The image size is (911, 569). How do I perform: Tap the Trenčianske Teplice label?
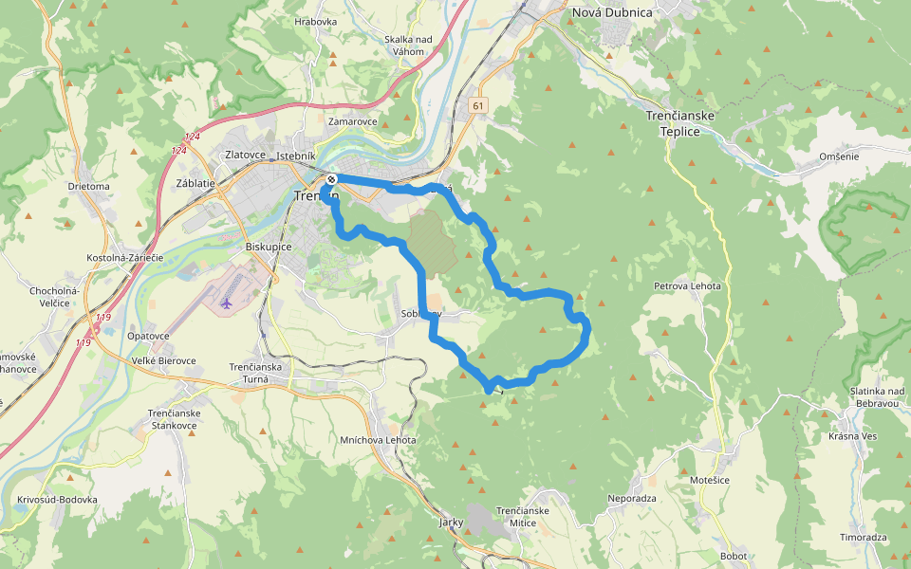pos(679,123)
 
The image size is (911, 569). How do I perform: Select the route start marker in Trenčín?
pos(331,179)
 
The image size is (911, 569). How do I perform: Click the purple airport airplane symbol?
pos(226,303)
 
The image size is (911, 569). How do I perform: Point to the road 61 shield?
pos(477,106)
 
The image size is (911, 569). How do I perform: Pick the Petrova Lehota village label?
pos(687,285)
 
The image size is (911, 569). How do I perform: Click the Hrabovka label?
pos(316,21)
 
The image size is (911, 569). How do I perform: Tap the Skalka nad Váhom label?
pos(408,45)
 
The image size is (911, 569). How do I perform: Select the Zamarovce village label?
pos(352,121)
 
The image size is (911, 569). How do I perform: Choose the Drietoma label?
pos(89,186)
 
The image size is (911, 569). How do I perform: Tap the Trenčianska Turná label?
pos(255,373)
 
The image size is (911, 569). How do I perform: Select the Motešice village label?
pos(709,481)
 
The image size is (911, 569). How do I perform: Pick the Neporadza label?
pos(632,498)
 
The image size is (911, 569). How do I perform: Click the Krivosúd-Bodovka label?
pos(57,499)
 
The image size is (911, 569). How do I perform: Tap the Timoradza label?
pos(864,537)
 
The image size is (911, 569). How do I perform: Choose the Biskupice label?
pos(269,247)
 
